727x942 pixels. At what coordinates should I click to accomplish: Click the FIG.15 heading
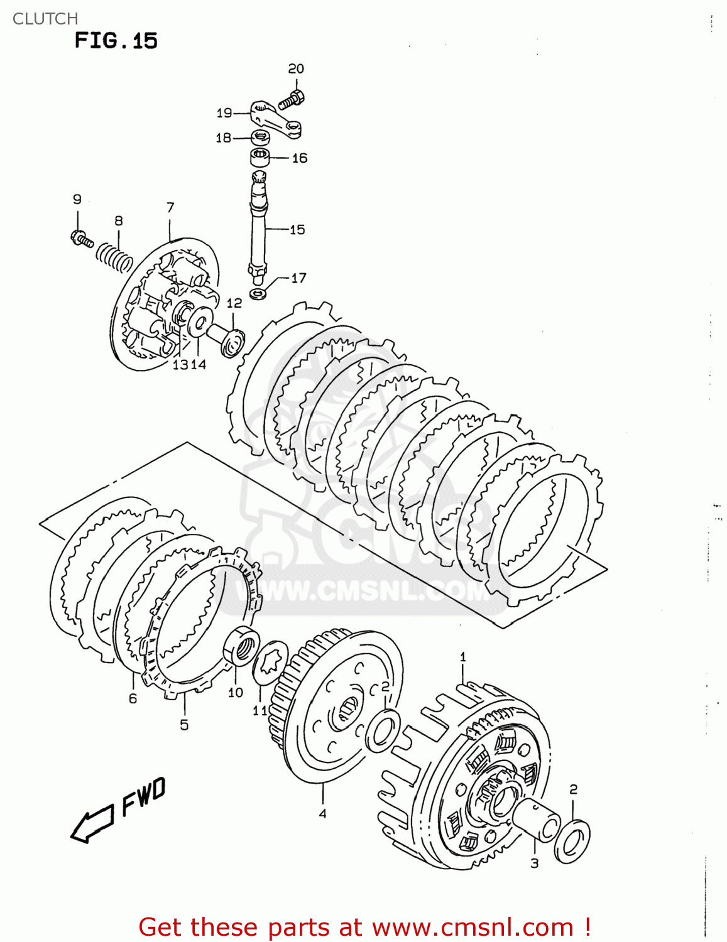pyautogui.click(x=116, y=41)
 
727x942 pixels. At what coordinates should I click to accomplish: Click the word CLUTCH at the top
pyautogui.click(x=45, y=19)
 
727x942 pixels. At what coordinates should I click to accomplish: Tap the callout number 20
pyautogui.click(x=296, y=69)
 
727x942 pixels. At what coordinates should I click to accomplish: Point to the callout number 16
pyautogui.click(x=300, y=158)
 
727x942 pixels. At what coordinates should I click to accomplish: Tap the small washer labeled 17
pyautogui.click(x=258, y=293)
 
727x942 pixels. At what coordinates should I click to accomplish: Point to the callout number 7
pyautogui.click(x=170, y=207)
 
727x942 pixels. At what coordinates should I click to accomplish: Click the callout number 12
pyautogui.click(x=234, y=303)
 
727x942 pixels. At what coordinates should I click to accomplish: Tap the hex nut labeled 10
pyautogui.click(x=241, y=646)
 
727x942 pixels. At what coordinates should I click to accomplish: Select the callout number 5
pyautogui.click(x=184, y=725)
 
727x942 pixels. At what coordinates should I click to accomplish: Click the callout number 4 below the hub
pyautogui.click(x=322, y=813)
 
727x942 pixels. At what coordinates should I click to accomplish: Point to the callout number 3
pyautogui.click(x=534, y=863)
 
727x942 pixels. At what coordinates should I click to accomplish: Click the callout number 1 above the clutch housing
pyautogui.click(x=463, y=658)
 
